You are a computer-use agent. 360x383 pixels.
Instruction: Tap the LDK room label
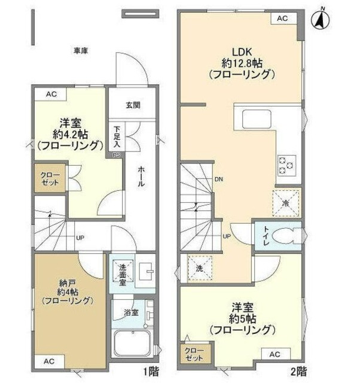coord(242,51)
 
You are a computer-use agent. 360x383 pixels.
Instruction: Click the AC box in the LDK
coord(282,18)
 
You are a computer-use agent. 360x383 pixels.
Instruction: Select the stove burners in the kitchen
coord(286,164)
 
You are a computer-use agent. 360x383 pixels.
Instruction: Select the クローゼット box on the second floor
coord(191,354)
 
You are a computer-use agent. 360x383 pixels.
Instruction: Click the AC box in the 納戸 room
coord(50,361)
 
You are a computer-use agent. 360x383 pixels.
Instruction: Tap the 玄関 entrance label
coord(132,105)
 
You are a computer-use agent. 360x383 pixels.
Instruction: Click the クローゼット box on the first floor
coord(50,178)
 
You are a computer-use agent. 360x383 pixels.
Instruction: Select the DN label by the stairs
coord(219,179)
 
